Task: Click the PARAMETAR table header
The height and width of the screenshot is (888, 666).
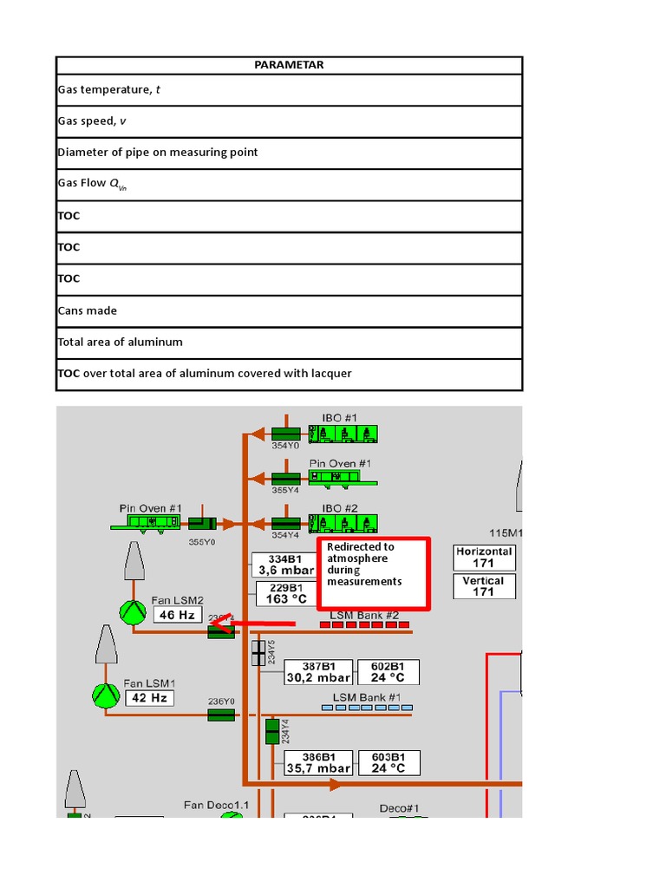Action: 290,65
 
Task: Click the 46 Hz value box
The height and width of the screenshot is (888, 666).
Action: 178,615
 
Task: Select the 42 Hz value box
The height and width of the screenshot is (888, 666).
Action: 149,697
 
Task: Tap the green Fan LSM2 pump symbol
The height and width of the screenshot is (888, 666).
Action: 133,612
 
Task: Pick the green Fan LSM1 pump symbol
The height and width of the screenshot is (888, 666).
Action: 105,695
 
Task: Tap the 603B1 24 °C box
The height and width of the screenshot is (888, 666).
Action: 388,762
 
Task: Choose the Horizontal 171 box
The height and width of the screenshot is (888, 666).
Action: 484,558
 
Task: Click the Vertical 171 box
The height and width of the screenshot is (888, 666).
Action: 484,586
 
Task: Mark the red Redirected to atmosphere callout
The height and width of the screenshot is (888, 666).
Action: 374,573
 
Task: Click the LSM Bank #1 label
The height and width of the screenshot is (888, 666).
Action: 367,697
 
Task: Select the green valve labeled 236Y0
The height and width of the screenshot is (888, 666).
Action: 221,715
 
